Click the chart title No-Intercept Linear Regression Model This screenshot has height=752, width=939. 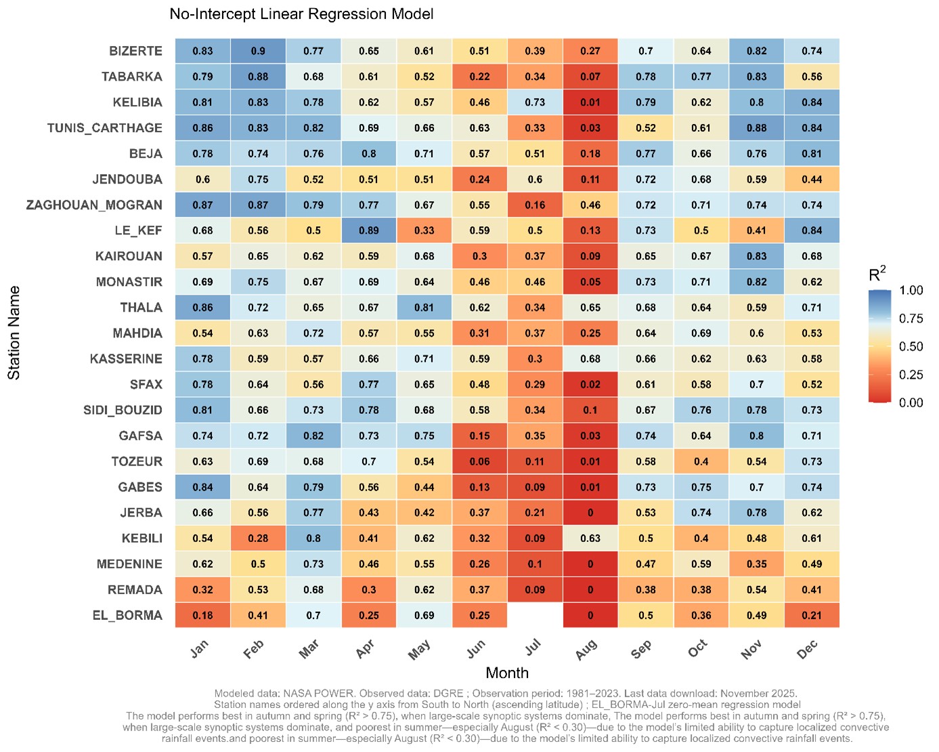coord(301,14)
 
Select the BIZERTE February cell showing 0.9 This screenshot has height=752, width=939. coord(258,51)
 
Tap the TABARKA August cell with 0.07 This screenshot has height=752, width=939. coord(590,77)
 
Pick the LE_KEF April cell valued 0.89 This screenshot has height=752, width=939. coord(369,230)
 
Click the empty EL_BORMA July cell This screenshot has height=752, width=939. coord(535,615)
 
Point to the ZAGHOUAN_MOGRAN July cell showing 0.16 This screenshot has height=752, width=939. coord(535,205)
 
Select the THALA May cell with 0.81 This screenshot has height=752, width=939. coord(424,308)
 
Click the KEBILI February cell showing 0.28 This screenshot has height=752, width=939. coord(258,539)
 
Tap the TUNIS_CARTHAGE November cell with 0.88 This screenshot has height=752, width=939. coord(756,128)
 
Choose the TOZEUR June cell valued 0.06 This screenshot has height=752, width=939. coord(479,461)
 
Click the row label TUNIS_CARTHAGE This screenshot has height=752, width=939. coord(105,128)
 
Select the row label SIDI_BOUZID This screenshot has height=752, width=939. coord(123,410)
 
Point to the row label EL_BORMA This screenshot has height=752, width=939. coord(127,615)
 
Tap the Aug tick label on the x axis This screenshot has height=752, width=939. coord(586,649)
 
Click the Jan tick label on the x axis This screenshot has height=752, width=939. coord(199,649)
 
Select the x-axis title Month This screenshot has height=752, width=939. coord(507,673)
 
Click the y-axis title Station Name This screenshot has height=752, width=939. coord(14,333)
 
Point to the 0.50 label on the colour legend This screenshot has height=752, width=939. coord(911,346)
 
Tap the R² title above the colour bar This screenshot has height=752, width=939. coord(877,274)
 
